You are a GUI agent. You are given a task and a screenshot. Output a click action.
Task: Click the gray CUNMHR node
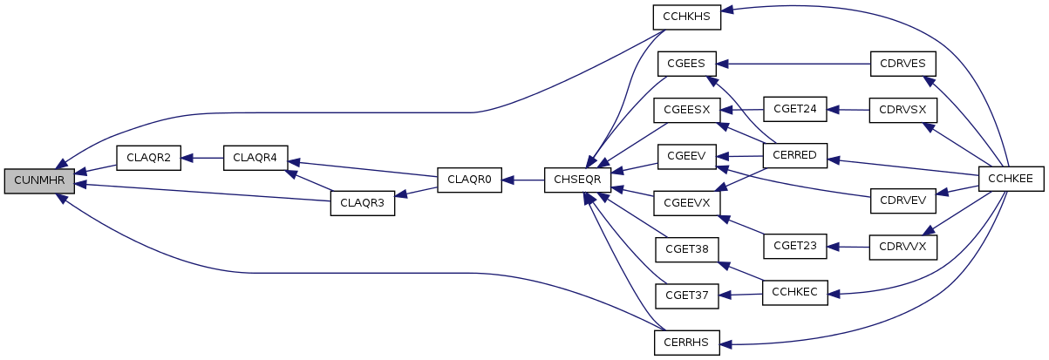pos(39,181)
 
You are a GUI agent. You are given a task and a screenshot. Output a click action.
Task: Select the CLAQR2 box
pos(148,158)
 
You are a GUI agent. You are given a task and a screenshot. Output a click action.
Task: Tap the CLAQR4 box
pos(255,158)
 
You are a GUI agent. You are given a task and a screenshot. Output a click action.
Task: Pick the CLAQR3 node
pos(363,203)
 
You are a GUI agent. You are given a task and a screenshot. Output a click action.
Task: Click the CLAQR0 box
pos(469,180)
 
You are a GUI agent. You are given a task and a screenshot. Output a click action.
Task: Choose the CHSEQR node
pos(577,180)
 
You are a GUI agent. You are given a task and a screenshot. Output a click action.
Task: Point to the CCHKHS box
pos(686,17)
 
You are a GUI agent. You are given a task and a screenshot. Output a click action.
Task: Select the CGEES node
pos(686,64)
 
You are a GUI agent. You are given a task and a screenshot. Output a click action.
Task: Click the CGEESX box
pos(686,111)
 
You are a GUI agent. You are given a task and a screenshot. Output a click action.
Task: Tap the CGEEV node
pos(686,157)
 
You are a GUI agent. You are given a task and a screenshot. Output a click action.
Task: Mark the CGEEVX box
pos(686,203)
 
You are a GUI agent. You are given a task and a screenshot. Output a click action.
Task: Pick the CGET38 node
pos(686,249)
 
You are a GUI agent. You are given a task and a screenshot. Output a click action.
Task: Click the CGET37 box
pos(686,295)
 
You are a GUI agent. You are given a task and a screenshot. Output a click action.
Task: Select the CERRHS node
pos(686,343)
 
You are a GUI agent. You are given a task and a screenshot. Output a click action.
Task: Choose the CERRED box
pos(794,156)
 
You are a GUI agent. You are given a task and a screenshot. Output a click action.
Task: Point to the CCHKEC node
pos(794,293)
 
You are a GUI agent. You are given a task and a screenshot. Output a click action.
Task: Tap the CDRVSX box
pos(903,111)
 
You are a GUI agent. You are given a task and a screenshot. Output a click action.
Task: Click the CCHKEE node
pos(1011,179)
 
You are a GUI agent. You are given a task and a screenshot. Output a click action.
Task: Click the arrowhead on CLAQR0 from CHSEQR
pos(507,180)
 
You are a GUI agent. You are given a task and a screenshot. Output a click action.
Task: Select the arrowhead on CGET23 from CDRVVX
pos(833,247)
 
